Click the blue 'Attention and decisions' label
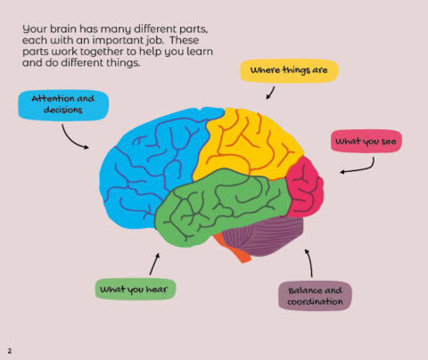(63, 104)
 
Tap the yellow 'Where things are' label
(288, 70)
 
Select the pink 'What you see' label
(367, 141)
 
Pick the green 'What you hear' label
(136, 289)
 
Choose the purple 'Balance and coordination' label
(315, 296)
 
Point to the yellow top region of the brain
(243, 143)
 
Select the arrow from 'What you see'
(357, 165)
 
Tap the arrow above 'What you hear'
(153, 263)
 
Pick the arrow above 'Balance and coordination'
(309, 263)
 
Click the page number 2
(9, 349)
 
